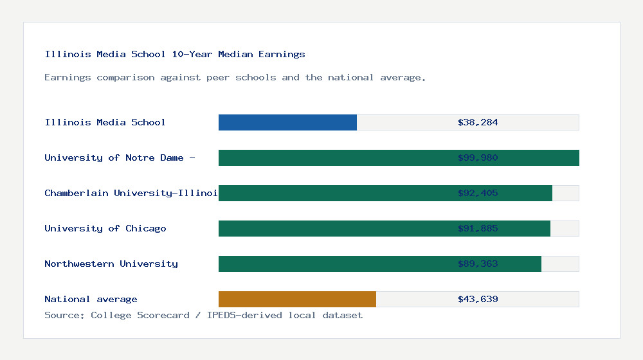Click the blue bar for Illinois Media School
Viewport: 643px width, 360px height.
287,122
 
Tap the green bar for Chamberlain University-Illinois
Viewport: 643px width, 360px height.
334,193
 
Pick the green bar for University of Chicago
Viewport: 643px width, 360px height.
334,228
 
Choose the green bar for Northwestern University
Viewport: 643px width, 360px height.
334,264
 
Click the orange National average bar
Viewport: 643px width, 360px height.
297,299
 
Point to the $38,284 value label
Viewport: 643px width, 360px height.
478,122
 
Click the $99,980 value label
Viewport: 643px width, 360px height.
478,157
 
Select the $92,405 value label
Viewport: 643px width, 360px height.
478,193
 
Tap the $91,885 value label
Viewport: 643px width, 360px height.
478,228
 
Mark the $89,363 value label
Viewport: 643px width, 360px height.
478,264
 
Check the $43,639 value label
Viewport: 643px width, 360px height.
478,299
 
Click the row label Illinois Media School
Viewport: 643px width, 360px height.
105,122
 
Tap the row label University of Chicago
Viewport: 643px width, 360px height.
105,228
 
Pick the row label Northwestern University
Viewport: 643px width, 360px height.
111,264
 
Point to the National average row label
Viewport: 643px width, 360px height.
91,299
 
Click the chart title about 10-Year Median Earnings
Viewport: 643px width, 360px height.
175,54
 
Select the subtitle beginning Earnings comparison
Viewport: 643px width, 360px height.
235,77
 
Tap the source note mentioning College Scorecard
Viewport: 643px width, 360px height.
203,315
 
